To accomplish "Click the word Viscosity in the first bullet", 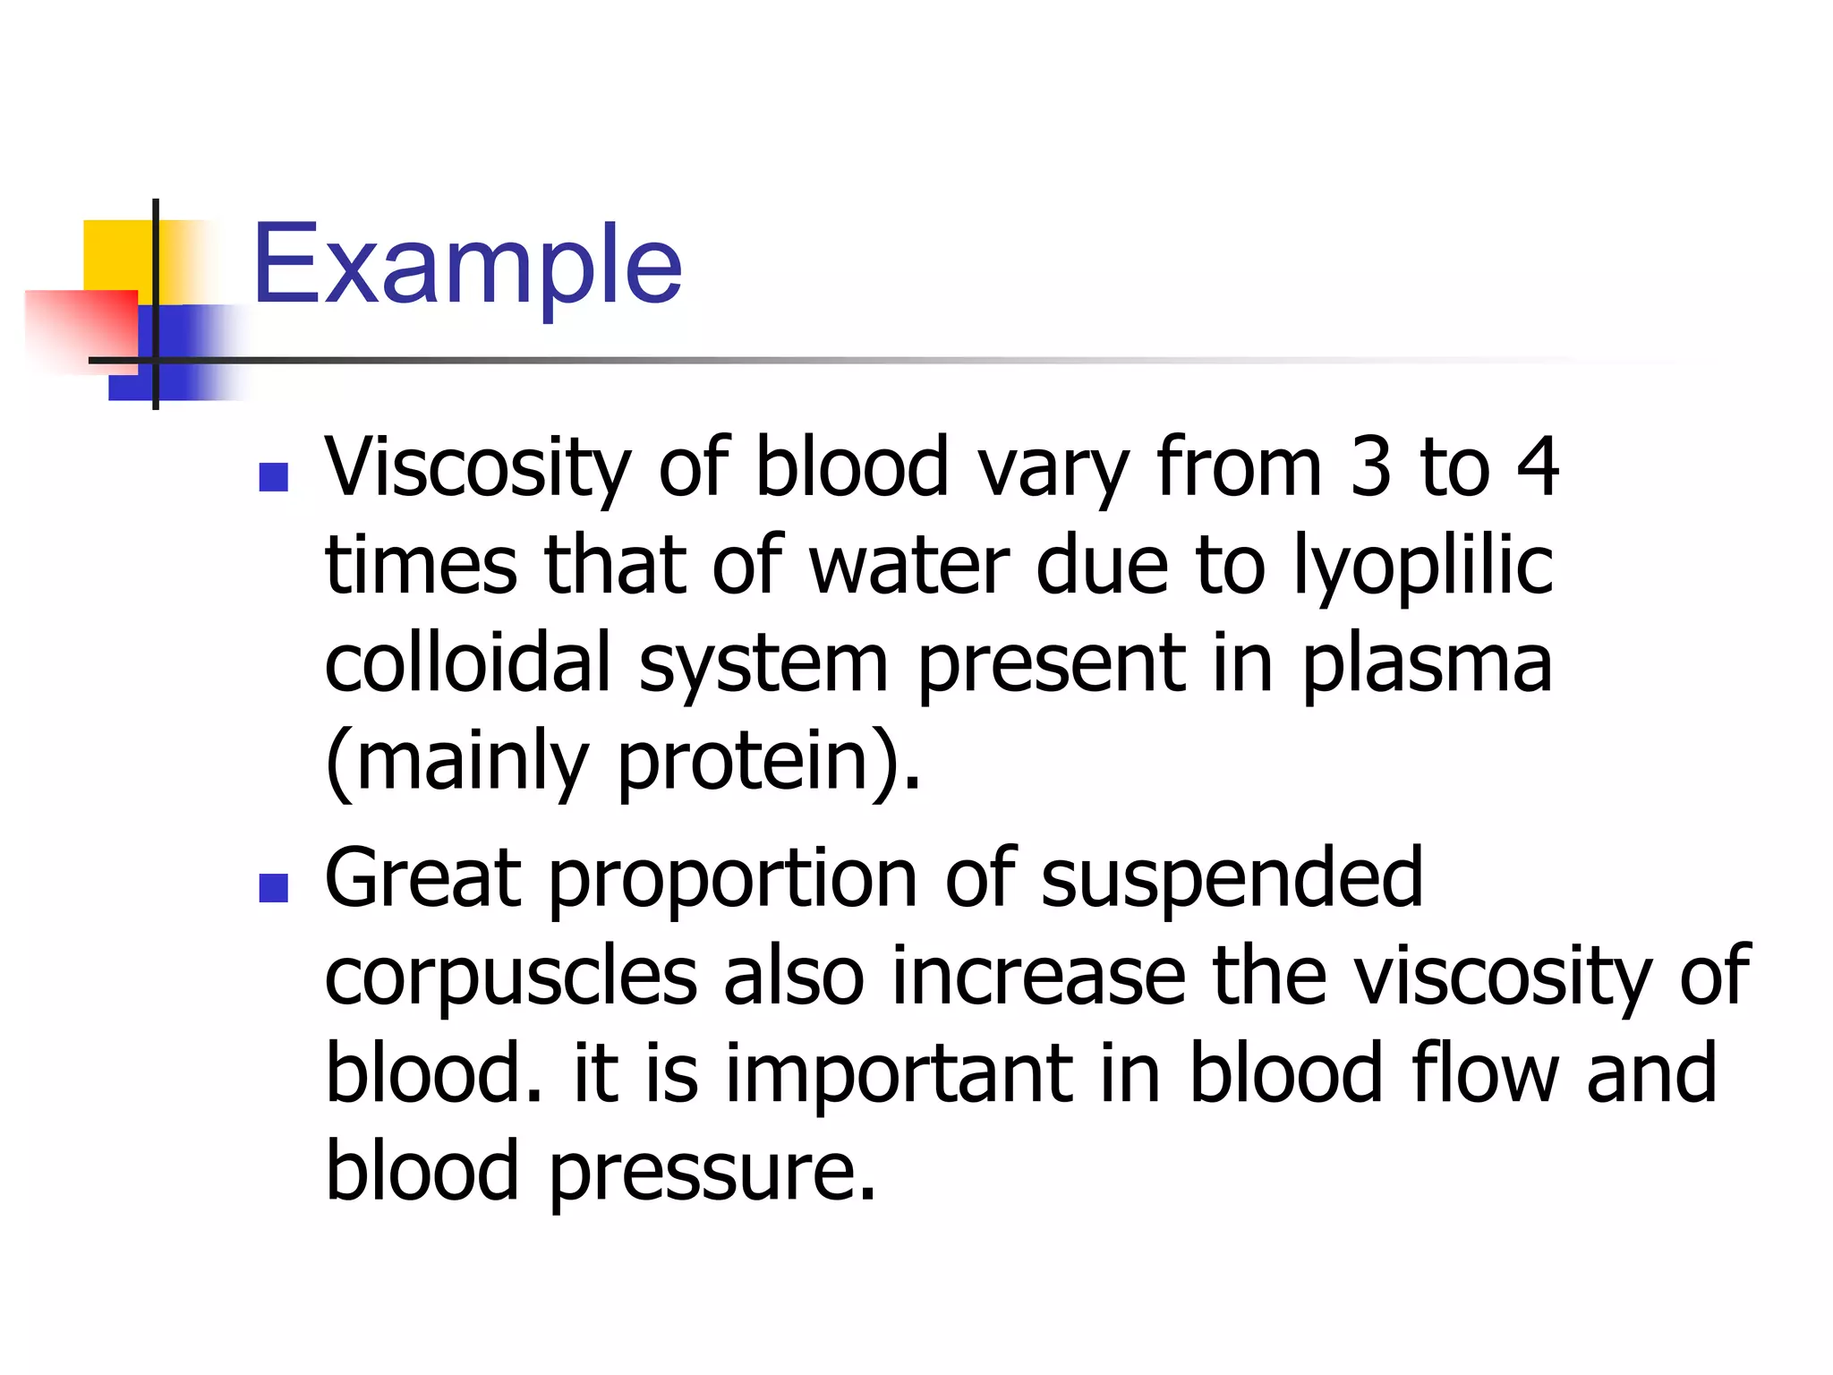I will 477,467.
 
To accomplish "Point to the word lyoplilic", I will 1423,567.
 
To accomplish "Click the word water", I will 908,567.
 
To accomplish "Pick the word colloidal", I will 467,663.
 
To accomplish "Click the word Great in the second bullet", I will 422,878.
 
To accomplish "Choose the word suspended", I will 1232,880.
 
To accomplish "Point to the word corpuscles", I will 510,978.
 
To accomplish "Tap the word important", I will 899,1074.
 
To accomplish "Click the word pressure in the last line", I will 712,1173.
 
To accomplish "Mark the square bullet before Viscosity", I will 273,477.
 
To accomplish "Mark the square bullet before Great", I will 273,888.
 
